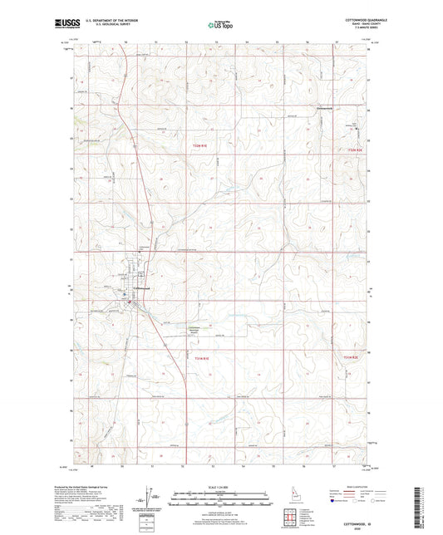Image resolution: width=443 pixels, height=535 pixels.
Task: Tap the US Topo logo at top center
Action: point(220,25)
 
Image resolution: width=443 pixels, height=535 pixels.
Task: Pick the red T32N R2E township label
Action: point(356,150)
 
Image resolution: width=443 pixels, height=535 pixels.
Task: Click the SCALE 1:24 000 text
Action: point(221,486)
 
